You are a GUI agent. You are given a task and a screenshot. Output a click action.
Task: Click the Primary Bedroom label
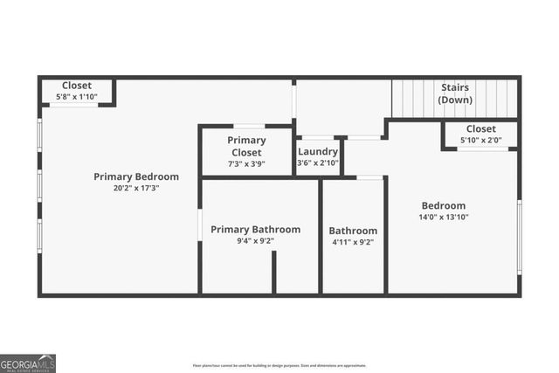click(x=136, y=176)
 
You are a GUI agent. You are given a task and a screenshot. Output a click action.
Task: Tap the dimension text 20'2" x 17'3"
click(x=136, y=188)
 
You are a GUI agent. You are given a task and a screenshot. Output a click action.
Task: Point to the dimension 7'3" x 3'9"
click(x=246, y=163)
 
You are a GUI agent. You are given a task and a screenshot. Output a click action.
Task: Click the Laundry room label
click(x=317, y=151)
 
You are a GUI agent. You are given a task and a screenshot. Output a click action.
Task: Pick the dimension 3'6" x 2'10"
click(x=317, y=163)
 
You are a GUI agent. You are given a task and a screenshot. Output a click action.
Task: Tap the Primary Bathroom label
click(x=255, y=230)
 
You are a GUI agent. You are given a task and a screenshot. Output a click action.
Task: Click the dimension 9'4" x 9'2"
click(x=255, y=241)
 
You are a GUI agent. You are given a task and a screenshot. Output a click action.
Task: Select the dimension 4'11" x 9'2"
click(x=353, y=243)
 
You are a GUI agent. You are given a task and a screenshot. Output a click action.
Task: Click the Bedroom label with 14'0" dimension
click(x=444, y=206)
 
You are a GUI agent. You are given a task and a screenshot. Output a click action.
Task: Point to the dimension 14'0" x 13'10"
click(x=444, y=218)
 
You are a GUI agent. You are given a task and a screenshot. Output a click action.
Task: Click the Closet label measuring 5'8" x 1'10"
click(x=77, y=86)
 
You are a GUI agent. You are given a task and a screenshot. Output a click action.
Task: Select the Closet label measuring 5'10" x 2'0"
click(x=480, y=129)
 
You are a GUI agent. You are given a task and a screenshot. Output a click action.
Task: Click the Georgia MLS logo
click(x=28, y=363)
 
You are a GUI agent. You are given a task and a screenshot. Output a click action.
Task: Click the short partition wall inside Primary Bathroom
click(x=273, y=273)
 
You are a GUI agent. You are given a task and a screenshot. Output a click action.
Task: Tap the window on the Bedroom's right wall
click(x=519, y=235)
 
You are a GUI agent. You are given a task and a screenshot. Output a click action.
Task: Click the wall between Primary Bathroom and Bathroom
click(x=321, y=236)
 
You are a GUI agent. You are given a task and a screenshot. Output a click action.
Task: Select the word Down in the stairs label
click(x=454, y=100)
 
